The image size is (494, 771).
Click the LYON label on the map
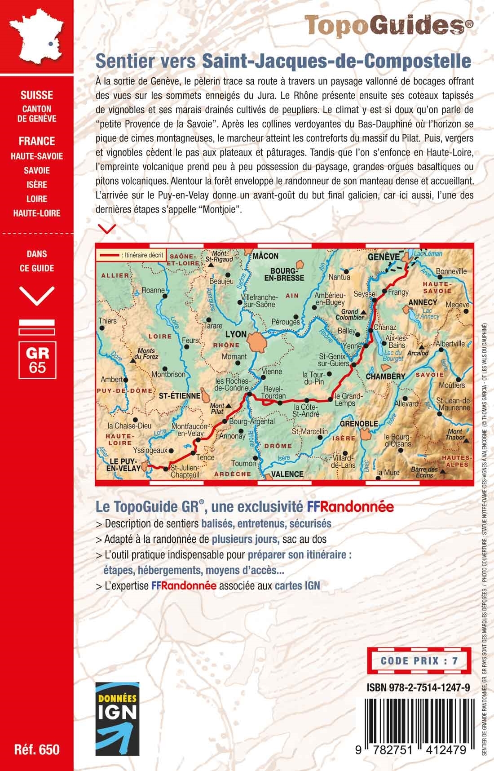coord(235,334)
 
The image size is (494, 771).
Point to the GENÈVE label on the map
coord(384,256)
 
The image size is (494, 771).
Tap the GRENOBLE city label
coord(359,424)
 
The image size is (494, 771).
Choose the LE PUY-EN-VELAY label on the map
coord(123,465)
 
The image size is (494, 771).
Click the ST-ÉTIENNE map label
coord(180,396)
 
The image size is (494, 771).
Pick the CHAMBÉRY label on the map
coord(385,376)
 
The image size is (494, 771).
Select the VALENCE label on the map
coord(287,474)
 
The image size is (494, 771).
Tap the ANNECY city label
coord(423,302)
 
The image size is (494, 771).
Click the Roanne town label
coord(153,290)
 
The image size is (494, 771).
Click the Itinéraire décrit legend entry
coord(132,255)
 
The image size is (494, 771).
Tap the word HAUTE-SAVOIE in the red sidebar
coord(37,156)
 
